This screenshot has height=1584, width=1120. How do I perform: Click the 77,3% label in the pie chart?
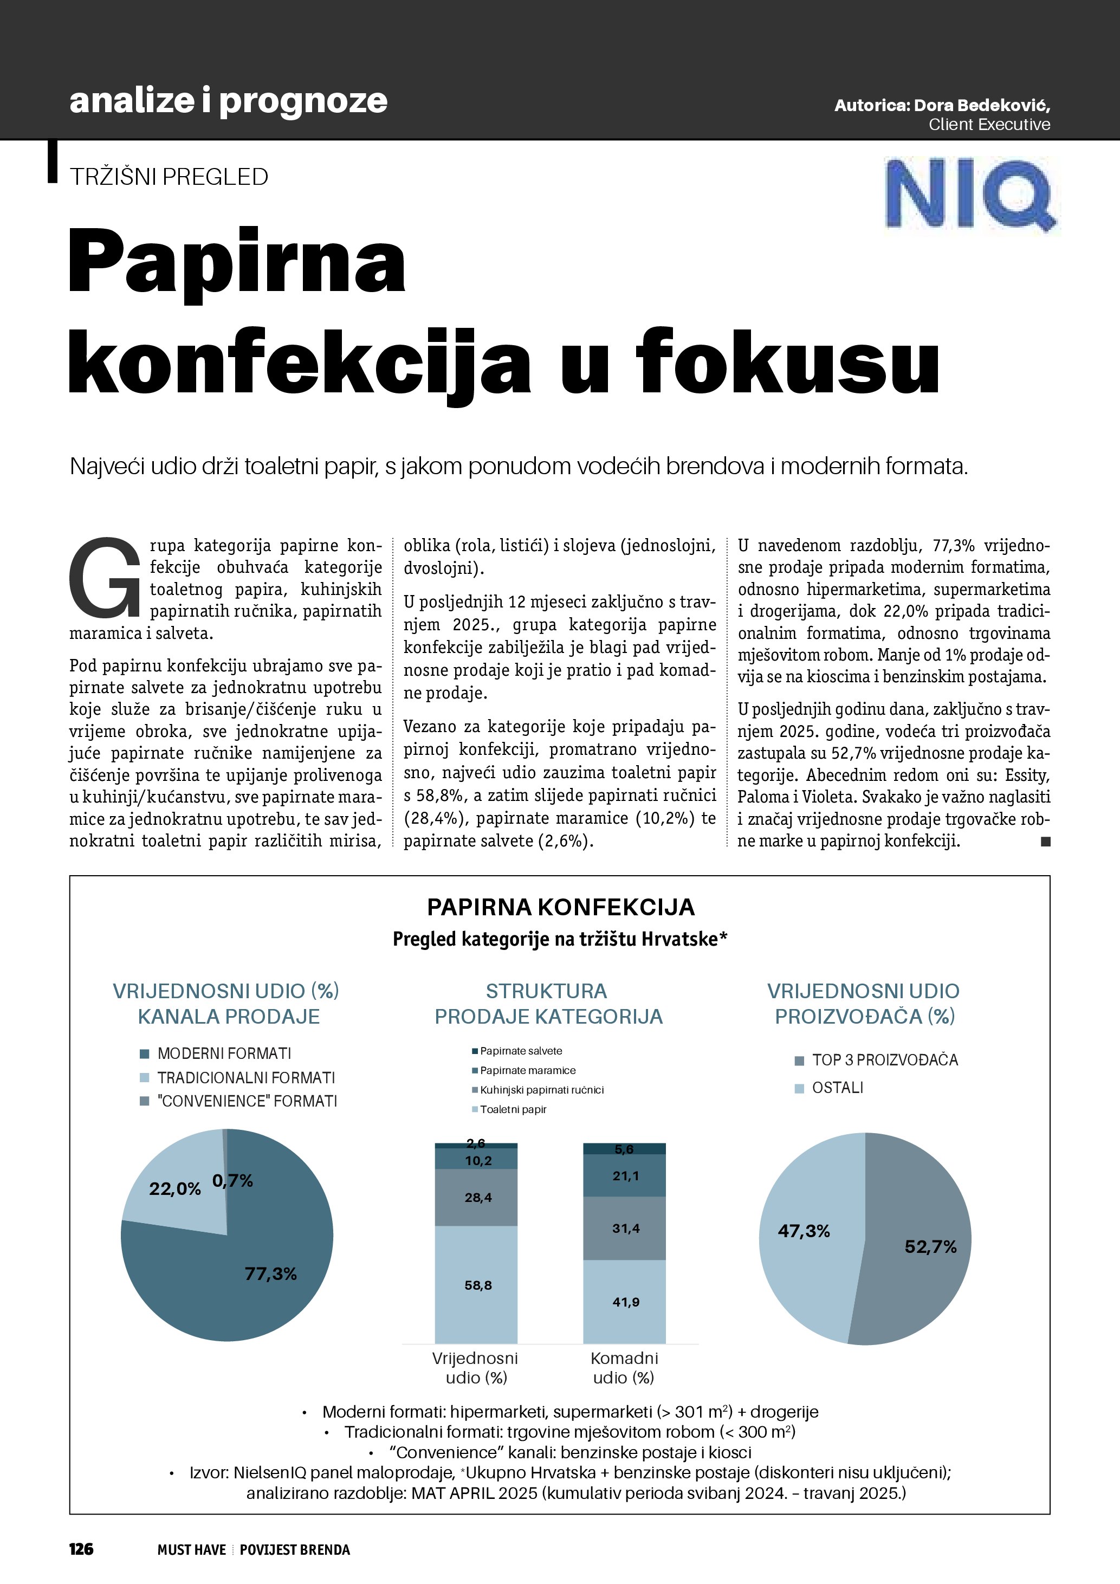pos(270,1273)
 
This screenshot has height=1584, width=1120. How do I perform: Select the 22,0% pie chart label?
pos(174,1189)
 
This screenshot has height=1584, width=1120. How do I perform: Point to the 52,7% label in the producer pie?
pos(930,1246)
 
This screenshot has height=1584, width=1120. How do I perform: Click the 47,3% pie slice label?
pos(804,1231)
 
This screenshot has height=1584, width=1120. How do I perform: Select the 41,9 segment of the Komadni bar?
pos(625,1302)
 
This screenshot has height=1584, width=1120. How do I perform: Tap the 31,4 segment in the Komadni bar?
pos(625,1228)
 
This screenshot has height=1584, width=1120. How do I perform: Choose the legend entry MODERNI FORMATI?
pos(223,1053)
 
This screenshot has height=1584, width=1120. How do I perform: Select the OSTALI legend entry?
pos(837,1088)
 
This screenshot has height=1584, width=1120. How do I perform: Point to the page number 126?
pos(81,1549)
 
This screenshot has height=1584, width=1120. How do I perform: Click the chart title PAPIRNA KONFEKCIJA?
pos(561,907)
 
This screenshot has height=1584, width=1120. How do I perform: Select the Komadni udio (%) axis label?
pos(624,1367)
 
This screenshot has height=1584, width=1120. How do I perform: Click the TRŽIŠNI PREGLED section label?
pos(169,177)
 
